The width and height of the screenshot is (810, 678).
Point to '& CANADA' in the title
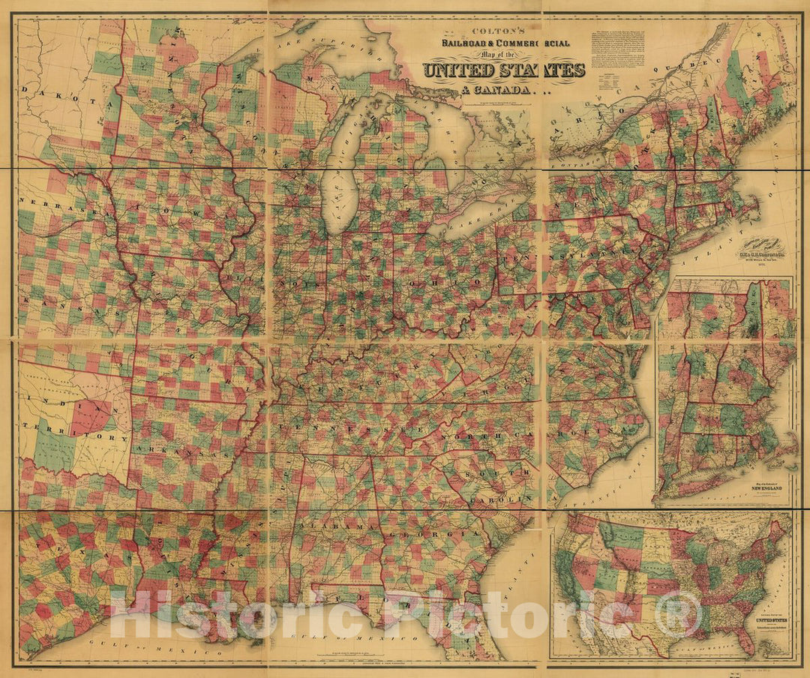pos(477,91)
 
